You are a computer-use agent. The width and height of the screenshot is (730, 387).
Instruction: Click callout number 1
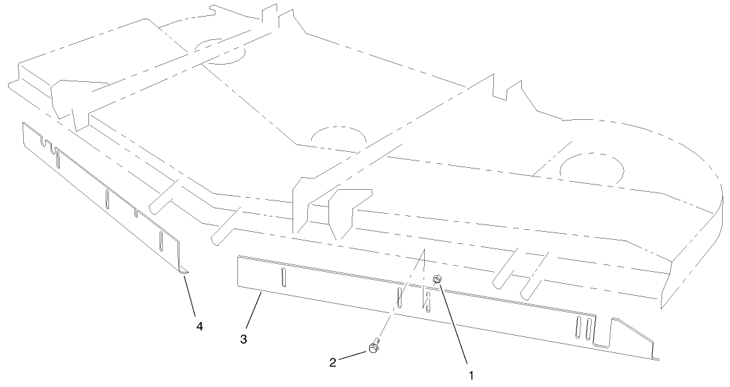coord(471,375)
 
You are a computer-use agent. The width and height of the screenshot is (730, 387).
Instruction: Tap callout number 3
coord(244,339)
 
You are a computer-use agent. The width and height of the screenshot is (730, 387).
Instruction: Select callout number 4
coord(199,326)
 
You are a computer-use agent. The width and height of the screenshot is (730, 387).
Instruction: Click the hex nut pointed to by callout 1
coord(437,279)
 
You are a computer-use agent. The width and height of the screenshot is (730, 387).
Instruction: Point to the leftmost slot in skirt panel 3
coord(284,275)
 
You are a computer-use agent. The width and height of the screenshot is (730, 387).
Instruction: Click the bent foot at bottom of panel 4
coord(183,269)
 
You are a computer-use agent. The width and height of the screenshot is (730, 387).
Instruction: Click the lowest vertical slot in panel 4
coord(161,240)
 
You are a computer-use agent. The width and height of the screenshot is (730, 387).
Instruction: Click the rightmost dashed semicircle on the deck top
coord(591,170)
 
